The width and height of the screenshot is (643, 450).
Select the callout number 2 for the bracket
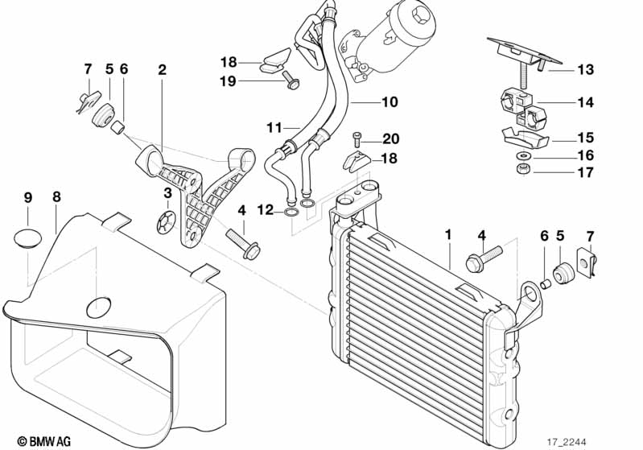pyautogui.click(x=162, y=70)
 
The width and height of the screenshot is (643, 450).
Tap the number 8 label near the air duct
pyautogui.click(x=55, y=196)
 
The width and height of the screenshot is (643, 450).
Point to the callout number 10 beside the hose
pyautogui.click(x=390, y=102)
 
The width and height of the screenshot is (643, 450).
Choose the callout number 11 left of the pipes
pyautogui.click(x=274, y=128)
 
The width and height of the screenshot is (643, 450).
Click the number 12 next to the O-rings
pyautogui.click(x=266, y=211)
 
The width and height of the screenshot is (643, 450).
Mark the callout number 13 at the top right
pyautogui.click(x=585, y=70)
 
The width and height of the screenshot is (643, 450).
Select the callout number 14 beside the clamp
pyautogui.click(x=585, y=102)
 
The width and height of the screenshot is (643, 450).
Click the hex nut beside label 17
pyautogui.click(x=521, y=170)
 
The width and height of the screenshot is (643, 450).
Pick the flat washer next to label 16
pyautogui.click(x=522, y=155)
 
